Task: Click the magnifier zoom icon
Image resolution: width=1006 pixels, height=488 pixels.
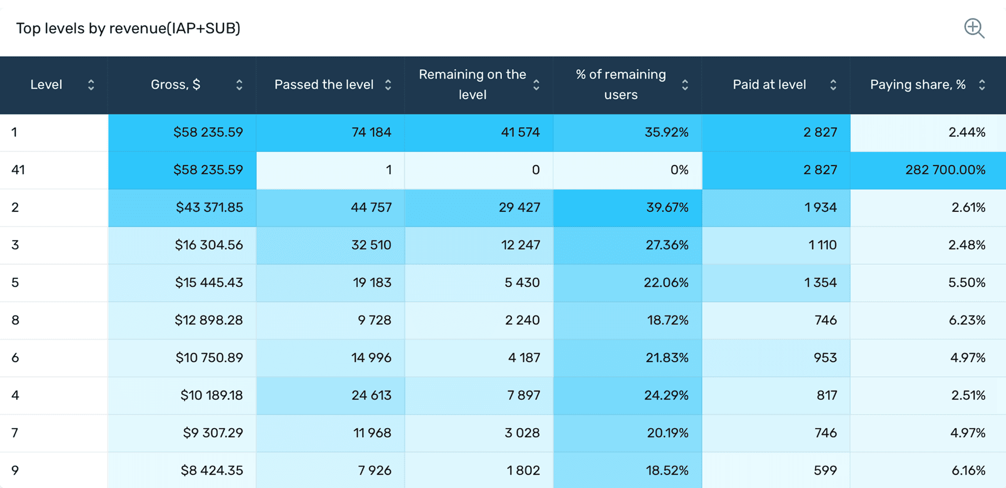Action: pyautogui.click(x=974, y=28)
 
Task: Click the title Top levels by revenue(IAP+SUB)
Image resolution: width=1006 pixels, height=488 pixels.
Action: pyautogui.click(x=128, y=28)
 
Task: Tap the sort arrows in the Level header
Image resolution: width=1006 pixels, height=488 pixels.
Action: pyautogui.click(x=91, y=85)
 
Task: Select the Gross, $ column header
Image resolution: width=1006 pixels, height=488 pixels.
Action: pyautogui.click(x=176, y=85)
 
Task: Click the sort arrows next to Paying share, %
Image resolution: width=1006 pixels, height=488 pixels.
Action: pyautogui.click(x=982, y=85)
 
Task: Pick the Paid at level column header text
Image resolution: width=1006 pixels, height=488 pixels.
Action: pyautogui.click(x=769, y=85)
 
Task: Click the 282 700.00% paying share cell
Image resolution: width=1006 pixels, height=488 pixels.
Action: pyautogui.click(x=945, y=170)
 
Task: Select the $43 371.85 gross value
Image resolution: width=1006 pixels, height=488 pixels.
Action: pyautogui.click(x=209, y=208)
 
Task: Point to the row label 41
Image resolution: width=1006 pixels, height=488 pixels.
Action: pyautogui.click(x=18, y=170)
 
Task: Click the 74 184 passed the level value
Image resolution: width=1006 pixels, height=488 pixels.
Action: pyautogui.click(x=371, y=132)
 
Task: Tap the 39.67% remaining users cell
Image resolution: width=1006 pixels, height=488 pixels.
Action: pyautogui.click(x=667, y=208)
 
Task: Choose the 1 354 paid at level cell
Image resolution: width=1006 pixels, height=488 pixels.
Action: pyautogui.click(x=820, y=283)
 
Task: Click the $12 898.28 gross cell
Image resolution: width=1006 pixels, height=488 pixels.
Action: pyautogui.click(x=209, y=320)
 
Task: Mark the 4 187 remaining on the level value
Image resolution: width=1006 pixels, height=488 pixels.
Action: pyautogui.click(x=523, y=358)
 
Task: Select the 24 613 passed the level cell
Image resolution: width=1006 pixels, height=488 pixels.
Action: pyautogui.click(x=371, y=395)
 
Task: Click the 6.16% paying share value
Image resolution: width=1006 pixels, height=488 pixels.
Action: pyautogui.click(x=968, y=471)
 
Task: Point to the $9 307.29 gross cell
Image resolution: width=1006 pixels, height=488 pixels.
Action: pyautogui.click(x=213, y=433)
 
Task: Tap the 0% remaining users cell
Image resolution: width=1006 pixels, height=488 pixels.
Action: pyautogui.click(x=679, y=170)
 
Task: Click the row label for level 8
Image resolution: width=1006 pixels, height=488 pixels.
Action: pyautogui.click(x=16, y=320)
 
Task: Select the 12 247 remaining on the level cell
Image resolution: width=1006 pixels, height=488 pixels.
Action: pyautogui.click(x=520, y=245)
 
